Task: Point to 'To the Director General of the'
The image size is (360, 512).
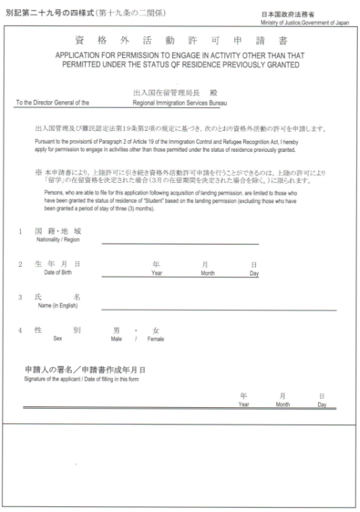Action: point(53,103)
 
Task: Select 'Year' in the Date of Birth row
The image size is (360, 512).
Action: point(156,274)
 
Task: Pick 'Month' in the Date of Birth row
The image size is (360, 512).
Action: point(207,274)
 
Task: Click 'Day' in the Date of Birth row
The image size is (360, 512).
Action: point(254,274)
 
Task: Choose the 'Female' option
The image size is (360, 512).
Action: point(155,338)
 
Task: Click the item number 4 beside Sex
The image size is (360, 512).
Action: point(20,330)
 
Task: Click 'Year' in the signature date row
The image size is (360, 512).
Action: point(244,404)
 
